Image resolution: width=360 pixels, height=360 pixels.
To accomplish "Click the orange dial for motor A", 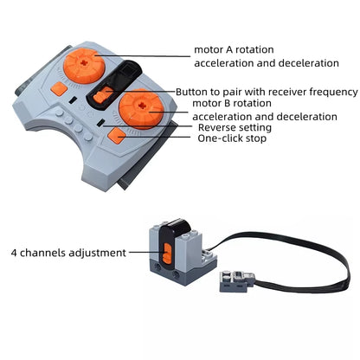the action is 81,66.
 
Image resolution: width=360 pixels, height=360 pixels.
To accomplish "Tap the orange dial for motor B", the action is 141,109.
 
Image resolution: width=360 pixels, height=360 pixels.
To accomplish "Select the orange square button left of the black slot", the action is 59,89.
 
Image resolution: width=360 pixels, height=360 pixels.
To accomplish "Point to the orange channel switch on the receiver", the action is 166,253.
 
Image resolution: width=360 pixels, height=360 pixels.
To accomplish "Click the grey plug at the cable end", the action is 237,281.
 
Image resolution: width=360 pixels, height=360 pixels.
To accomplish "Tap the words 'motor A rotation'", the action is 234,49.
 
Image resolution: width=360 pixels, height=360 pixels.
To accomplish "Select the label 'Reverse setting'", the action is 235,127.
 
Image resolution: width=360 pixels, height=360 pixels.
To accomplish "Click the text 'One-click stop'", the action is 232,138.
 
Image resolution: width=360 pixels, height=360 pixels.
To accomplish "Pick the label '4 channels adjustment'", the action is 68,253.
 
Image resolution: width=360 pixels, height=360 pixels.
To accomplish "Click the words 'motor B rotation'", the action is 232,103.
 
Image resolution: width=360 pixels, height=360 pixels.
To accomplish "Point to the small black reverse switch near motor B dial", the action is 100,122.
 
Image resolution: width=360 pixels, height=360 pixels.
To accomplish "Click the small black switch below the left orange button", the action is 73,100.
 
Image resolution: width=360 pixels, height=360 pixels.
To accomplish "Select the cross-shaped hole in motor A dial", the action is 83,61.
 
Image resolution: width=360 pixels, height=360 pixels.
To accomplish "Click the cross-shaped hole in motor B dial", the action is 141,106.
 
